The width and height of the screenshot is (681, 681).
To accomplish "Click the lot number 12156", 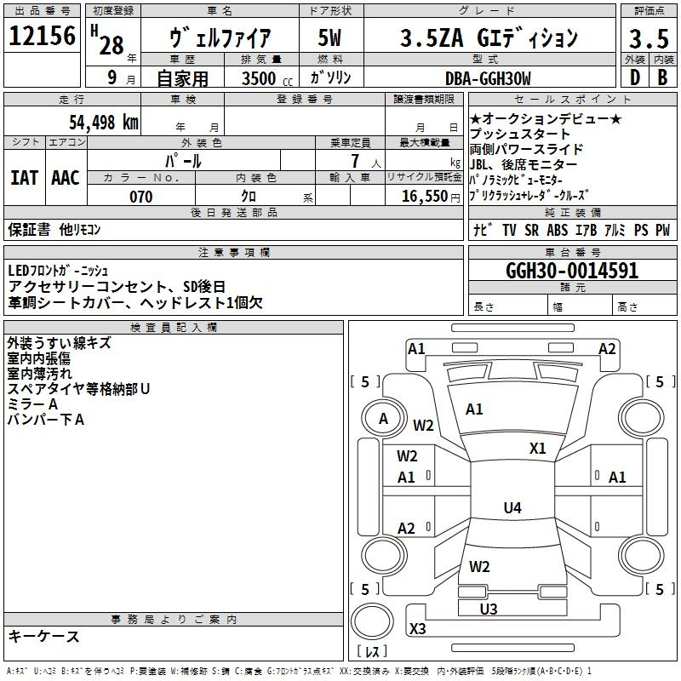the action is click(42, 35).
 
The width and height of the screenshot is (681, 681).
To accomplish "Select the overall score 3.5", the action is click(649, 38).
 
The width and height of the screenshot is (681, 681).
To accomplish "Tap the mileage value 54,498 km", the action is click(104, 123).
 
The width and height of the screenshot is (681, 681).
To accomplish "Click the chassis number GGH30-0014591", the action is click(572, 271).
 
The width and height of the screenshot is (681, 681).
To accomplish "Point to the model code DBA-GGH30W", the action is click(488, 78).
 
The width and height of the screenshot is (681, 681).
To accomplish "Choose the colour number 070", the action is click(141, 197).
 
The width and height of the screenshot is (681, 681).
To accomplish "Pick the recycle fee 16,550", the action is click(425, 197).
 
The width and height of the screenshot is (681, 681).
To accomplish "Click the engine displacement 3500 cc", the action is click(267, 78).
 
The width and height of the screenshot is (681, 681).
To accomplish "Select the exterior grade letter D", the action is click(635, 77).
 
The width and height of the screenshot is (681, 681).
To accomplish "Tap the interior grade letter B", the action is click(662, 77).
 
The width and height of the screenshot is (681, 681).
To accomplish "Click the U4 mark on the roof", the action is click(512, 507).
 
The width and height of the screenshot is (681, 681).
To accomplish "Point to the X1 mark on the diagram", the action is click(538, 449).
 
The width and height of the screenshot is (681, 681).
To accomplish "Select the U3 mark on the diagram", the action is click(489, 609).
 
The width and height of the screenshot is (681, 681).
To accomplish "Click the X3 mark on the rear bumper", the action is click(417, 628).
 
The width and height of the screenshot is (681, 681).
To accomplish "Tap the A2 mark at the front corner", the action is click(607, 349).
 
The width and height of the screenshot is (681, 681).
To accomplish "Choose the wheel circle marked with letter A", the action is click(384, 419).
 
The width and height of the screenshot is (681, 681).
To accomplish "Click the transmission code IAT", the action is click(24, 178).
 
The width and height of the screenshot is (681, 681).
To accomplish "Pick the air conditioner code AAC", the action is click(66, 178).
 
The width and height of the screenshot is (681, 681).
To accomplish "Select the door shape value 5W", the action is click(330, 37).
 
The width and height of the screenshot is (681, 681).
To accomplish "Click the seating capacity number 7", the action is click(355, 161).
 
